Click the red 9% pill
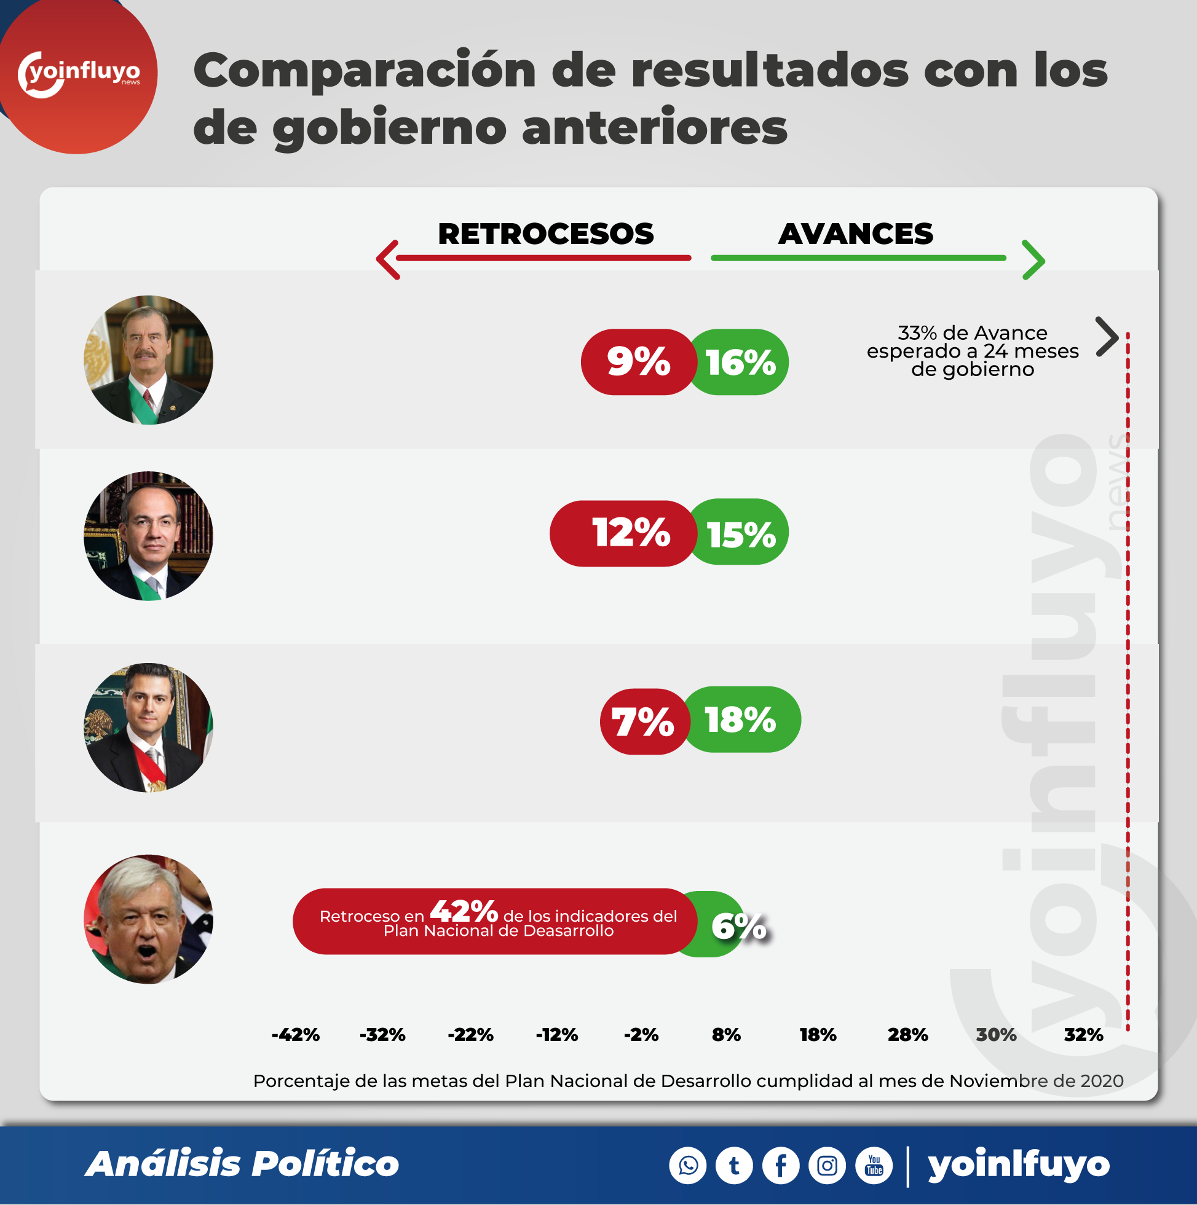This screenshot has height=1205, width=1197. coord(638,362)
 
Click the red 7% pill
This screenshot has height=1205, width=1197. coord(643,721)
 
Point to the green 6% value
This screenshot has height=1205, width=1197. coord(738,926)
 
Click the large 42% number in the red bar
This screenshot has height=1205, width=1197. coord(464,911)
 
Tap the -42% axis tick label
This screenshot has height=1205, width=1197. coord(295,1035)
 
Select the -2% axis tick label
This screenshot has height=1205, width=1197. coord(641,1035)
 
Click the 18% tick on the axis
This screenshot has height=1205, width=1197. coord(818,1035)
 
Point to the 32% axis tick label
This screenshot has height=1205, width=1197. coord(1083,1035)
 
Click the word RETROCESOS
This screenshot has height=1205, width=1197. coord(545,234)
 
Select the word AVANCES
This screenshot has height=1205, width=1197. coord(856,234)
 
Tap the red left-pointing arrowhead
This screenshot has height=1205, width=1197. coord(387,259)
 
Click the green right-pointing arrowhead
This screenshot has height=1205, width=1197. coord(1033,259)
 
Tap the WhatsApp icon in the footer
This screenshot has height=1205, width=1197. coord(688,1165)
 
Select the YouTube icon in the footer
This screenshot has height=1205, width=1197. coord(874,1165)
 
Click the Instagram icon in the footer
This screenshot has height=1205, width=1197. coord(827,1165)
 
